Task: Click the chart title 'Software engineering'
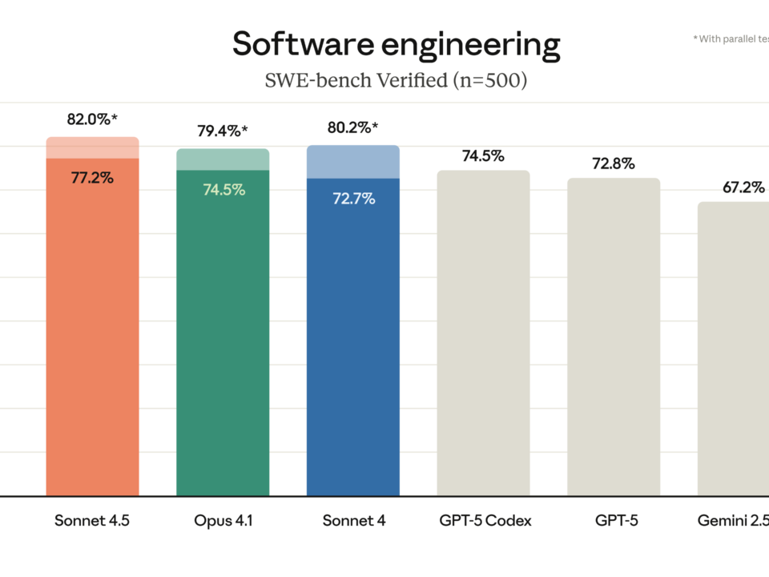pos(396,45)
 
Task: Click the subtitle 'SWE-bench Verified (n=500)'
pos(396,81)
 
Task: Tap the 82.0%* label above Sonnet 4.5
pos(92,119)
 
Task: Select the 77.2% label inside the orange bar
pos(92,178)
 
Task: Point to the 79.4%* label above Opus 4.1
pos(223,131)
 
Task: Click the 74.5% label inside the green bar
pos(223,190)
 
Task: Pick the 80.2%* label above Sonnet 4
pos(353,127)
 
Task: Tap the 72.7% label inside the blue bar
pos(353,199)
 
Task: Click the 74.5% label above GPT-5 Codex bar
pos(483,155)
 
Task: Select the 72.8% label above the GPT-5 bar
pos(614,163)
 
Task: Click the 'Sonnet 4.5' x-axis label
pos(92,521)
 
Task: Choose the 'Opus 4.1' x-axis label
pos(223,521)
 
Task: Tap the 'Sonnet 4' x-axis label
pos(353,521)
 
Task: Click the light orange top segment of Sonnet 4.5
pos(92,147)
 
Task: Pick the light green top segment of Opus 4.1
pos(223,159)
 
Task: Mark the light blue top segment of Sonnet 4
pos(353,162)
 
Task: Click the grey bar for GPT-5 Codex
pos(483,337)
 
